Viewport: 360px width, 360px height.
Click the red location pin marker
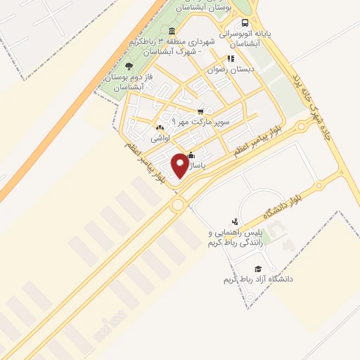pos(179,164)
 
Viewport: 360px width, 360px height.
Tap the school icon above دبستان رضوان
pos(229,59)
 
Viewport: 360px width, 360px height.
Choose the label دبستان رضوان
pos(236,70)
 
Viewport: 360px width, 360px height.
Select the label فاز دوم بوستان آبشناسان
pos(124,82)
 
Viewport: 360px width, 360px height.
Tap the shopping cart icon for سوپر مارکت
pos(200,111)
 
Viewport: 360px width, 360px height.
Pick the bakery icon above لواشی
pos(161,129)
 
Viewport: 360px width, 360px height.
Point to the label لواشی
pos(161,139)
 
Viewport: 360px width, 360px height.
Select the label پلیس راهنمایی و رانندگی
pos(235,237)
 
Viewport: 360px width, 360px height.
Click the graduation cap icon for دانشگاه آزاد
pos(258,269)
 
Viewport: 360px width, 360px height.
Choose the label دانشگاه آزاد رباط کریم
pos(257,280)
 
